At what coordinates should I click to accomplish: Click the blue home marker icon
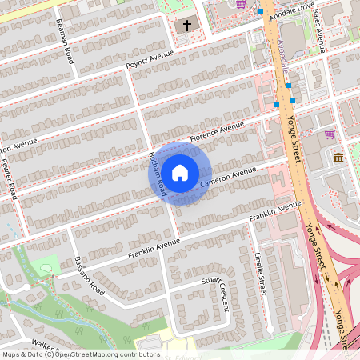coord(180,173)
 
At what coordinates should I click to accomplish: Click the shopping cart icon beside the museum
coord(330,134)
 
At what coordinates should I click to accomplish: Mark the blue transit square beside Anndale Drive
coord(261,12)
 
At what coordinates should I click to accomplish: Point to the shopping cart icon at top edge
coord(241,4)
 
